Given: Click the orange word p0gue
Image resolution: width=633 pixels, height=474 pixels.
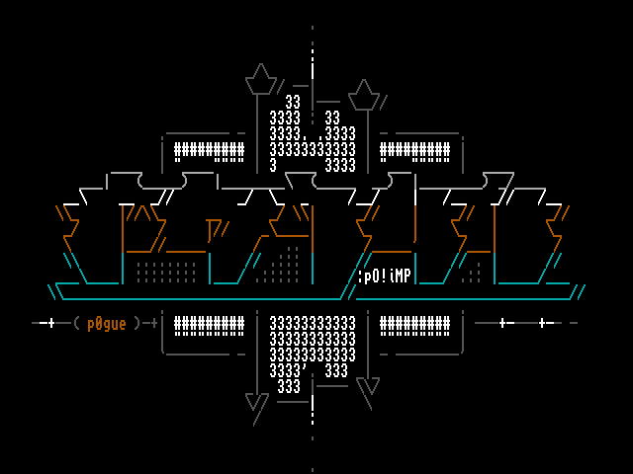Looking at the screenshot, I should [x=107, y=323].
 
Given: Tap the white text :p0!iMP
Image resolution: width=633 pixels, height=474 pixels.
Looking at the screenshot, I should [x=384, y=276].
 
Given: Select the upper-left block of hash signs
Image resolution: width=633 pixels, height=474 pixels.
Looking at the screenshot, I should [x=209, y=151].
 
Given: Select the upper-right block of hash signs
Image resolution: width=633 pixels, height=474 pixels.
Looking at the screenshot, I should [x=414, y=151].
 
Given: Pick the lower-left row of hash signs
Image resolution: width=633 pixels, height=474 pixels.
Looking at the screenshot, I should [x=209, y=324].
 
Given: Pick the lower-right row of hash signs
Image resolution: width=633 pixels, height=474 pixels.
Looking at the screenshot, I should [x=414, y=324].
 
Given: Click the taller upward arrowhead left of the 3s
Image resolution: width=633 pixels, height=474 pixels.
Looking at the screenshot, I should [x=260, y=79].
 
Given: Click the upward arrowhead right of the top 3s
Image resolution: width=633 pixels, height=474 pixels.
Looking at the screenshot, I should [x=364, y=95].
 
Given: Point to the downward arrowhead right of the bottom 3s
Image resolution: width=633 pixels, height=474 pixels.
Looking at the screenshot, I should [x=368, y=386].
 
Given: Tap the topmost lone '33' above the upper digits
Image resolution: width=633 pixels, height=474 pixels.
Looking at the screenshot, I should [x=293, y=103].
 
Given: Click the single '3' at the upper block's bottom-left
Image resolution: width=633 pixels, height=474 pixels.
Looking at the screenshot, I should [x=273, y=165].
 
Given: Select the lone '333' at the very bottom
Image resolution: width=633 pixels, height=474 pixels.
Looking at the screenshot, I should [x=289, y=387].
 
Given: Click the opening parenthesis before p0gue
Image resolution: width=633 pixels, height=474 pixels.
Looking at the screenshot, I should [x=76, y=323].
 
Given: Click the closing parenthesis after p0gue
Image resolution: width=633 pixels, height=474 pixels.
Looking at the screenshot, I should [x=138, y=323].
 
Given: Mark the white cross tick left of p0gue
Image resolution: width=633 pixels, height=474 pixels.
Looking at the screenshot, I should [x=51, y=323].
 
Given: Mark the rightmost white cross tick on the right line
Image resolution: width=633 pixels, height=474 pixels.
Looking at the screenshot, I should [x=542, y=323].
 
